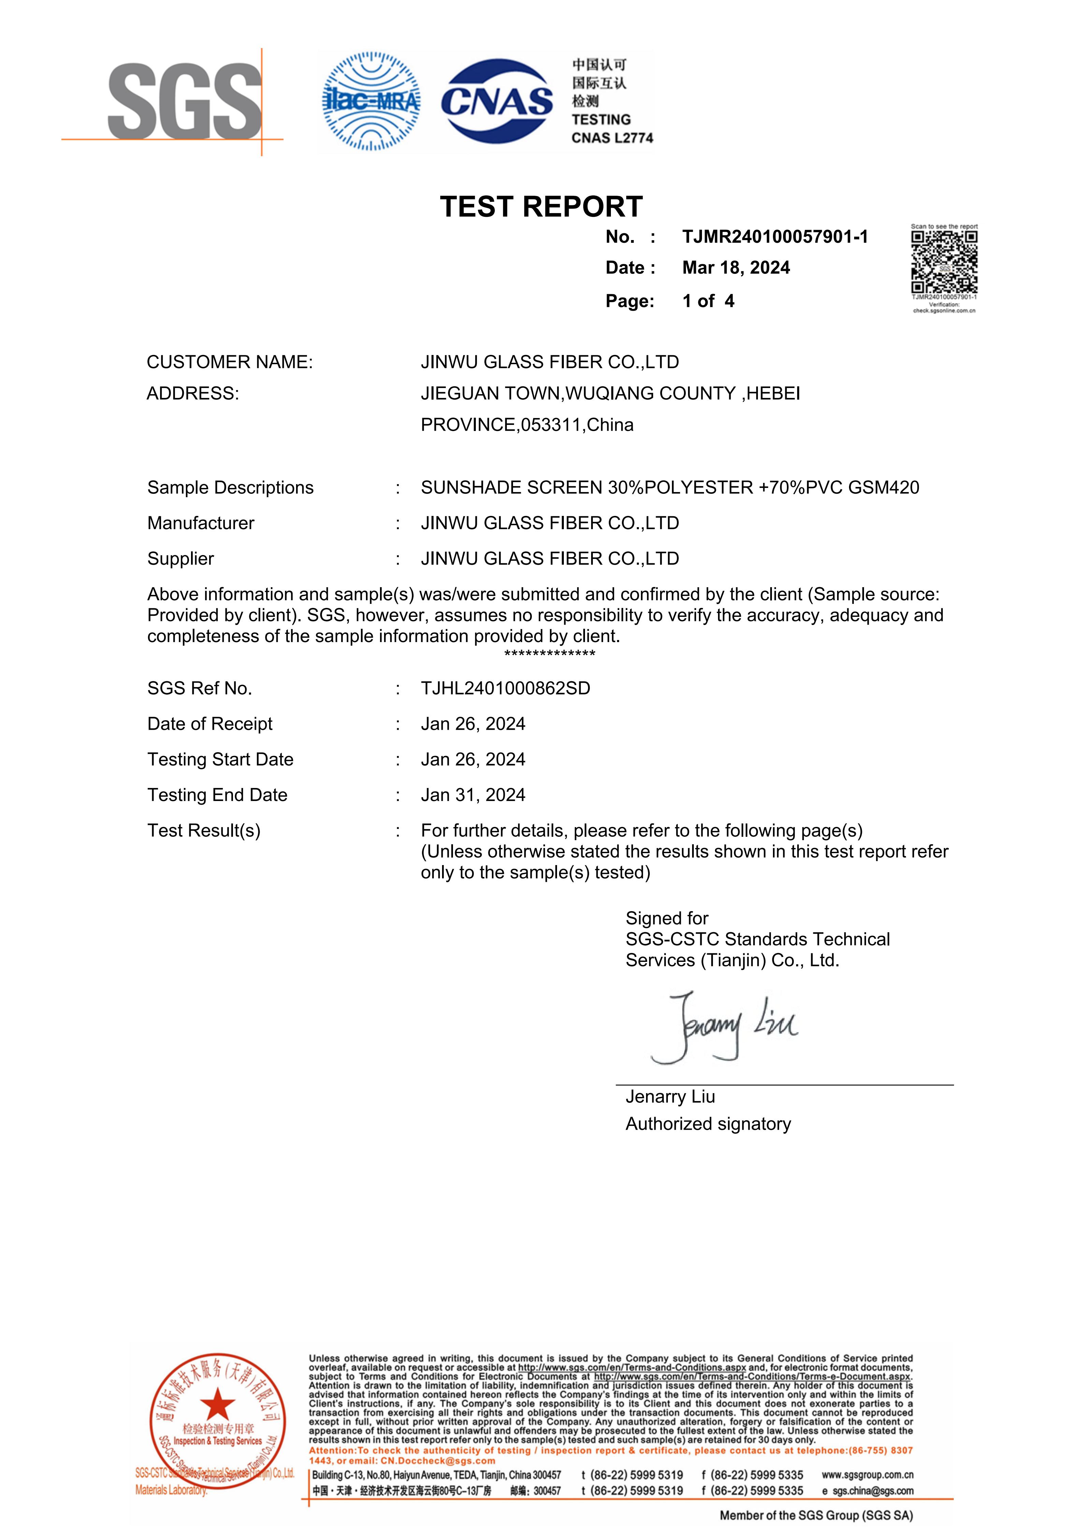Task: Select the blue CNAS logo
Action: (497, 101)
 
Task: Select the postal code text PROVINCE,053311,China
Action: (527, 425)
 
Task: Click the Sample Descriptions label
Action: (230, 488)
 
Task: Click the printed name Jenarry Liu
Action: (670, 1097)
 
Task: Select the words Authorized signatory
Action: (707, 1124)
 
